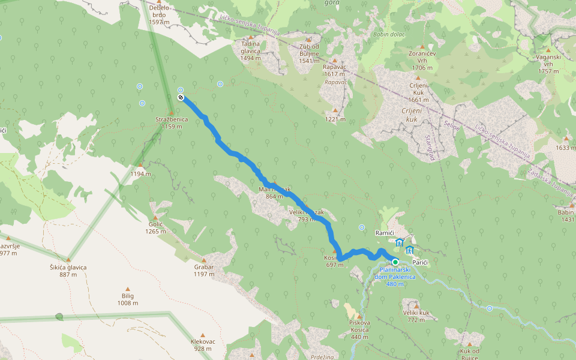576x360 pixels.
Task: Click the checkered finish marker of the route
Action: pyautogui.click(x=181, y=97)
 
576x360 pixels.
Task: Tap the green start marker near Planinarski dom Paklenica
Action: pyautogui.click(x=395, y=262)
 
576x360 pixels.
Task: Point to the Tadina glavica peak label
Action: pyautogui.click(x=250, y=47)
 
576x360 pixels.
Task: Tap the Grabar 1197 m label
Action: pyautogui.click(x=204, y=270)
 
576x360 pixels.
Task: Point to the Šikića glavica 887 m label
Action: pyautogui.click(x=68, y=271)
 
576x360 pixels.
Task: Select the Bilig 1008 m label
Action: pyautogui.click(x=127, y=299)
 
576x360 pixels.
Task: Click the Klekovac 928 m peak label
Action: pyautogui.click(x=203, y=345)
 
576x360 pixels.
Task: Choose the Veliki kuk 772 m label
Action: pyautogui.click(x=416, y=316)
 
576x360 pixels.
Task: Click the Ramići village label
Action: pyautogui.click(x=383, y=232)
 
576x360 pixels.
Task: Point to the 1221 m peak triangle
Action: pyautogui.click(x=335, y=110)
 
